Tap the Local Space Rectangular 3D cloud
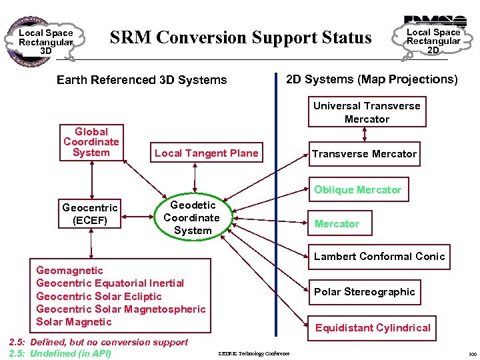click(45, 41)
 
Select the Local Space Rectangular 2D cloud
click(433, 41)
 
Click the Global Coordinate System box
click(91, 143)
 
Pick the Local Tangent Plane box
click(206, 153)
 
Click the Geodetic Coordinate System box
click(193, 218)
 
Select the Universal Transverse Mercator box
click(367, 112)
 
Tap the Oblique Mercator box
click(357, 190)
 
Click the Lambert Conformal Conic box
click(379, 257)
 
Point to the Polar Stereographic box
click(364, 291)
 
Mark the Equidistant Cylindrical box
click(373, 328)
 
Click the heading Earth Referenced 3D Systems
click(141, 80)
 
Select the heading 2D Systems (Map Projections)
click(371, 79)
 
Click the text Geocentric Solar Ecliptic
click(99, 296)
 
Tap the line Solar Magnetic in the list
click(74, 322)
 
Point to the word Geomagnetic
click(69, 271)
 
